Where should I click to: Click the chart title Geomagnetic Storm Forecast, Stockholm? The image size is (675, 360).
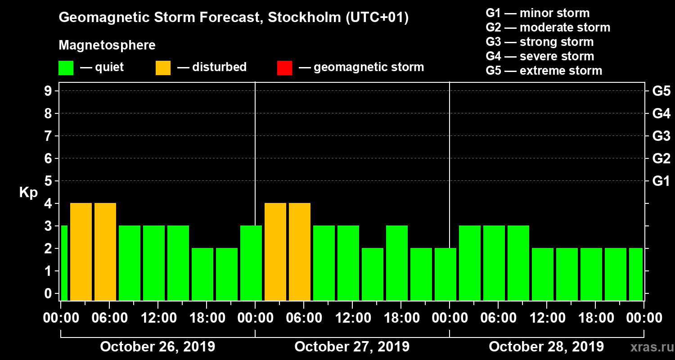coord(234,18)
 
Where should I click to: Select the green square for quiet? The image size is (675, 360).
coord(66,68)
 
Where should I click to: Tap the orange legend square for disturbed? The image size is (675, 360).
coord(163,68)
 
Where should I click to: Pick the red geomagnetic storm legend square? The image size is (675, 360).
coord(284,68)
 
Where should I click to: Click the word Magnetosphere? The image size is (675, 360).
coord(107,45)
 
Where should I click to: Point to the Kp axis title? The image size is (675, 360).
coord(28,193)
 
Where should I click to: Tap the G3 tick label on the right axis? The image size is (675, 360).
coord(661,136)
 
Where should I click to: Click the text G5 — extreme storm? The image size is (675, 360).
coord(544,71)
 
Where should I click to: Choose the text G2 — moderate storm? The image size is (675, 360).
coord(548,27)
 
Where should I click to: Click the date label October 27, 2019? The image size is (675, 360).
coord(352,347)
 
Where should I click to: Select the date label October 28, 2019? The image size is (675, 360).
coord(546,347)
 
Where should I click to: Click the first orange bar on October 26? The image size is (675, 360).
coord(81,252)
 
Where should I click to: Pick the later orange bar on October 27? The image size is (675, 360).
coord(300,252)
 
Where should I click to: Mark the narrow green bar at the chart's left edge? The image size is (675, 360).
coord(64,263)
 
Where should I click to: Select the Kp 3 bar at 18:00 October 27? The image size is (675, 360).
coord(397,263)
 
